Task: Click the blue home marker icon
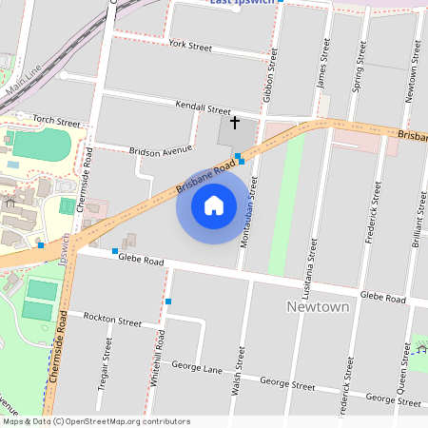point(214,204)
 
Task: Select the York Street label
point(189,45)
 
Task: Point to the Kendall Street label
point(203,110)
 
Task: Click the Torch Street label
point(56,122)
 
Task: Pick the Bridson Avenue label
point(160,150)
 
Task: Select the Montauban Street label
point(243,219)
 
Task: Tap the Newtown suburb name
point(318,307)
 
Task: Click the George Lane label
point(196,366)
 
